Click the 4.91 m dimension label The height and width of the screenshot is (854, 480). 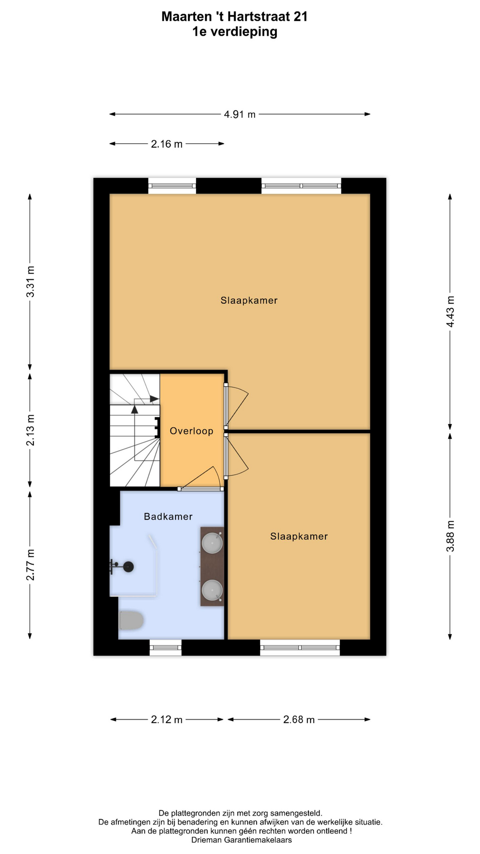pos(240,114)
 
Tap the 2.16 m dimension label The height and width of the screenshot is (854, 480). pos(167,144)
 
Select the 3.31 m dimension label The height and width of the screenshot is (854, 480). pos(30,282)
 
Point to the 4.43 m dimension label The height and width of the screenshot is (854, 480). pos(450,311)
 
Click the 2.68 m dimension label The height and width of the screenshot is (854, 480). pos(299,720)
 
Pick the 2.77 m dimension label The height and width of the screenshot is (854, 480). pos(30,565)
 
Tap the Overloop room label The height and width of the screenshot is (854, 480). pos(192,431)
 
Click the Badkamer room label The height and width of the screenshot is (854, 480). pos(168,516)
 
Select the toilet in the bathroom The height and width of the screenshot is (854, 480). pos(131,620)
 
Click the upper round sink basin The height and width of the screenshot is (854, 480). pos(212,543)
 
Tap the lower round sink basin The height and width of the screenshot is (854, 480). pos(212,590)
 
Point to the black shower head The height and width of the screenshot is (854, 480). pos(128,567)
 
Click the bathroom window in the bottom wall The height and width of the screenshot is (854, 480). pos(165,648)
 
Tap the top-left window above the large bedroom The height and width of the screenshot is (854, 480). pos(172,185)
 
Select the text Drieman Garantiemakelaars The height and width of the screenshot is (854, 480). pos(241,840)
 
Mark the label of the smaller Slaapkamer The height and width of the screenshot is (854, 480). pos(299,536)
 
